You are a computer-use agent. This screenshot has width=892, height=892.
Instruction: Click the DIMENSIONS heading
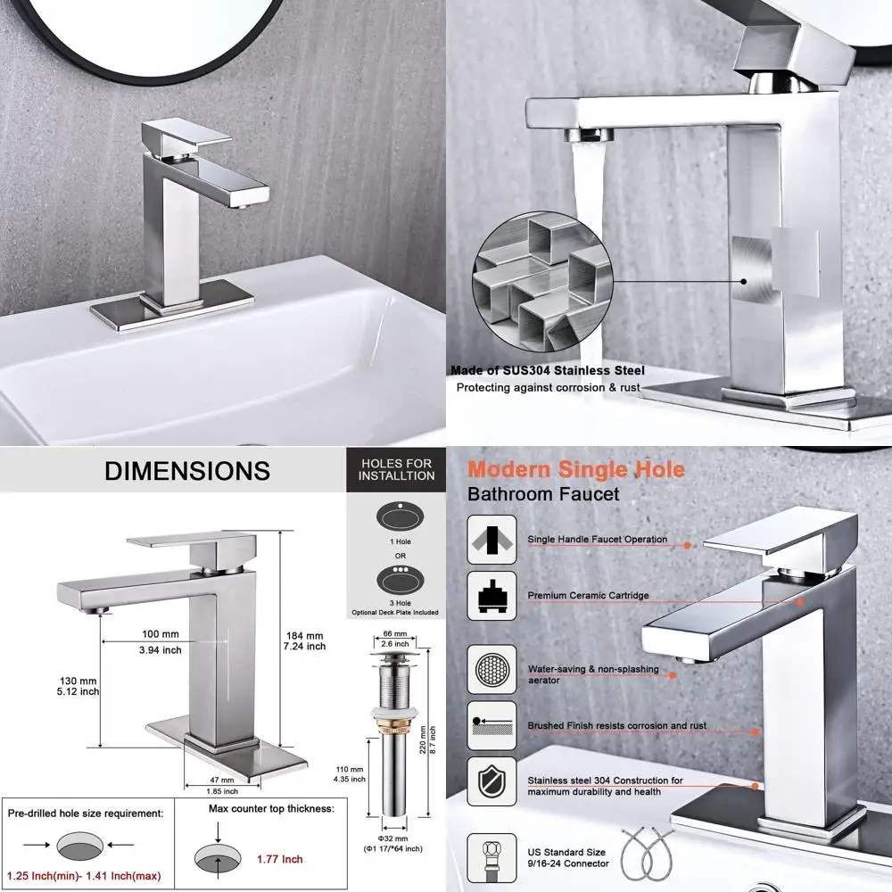click(186, 471)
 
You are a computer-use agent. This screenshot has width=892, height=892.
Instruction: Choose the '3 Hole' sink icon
click(395, 581)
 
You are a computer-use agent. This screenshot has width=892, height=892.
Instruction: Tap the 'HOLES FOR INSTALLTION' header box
click(395, 469)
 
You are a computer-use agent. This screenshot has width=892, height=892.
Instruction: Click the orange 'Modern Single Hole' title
click(576, 469)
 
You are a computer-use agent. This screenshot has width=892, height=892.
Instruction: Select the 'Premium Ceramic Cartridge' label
click(588, 595)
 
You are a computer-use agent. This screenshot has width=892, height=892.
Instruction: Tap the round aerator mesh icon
click(491, 666)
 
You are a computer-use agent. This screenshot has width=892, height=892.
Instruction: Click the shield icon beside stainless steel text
click(491, 781)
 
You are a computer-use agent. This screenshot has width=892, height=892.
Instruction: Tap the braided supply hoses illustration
click(650, 852)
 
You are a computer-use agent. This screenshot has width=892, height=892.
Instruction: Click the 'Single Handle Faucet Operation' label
click(597, 540)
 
